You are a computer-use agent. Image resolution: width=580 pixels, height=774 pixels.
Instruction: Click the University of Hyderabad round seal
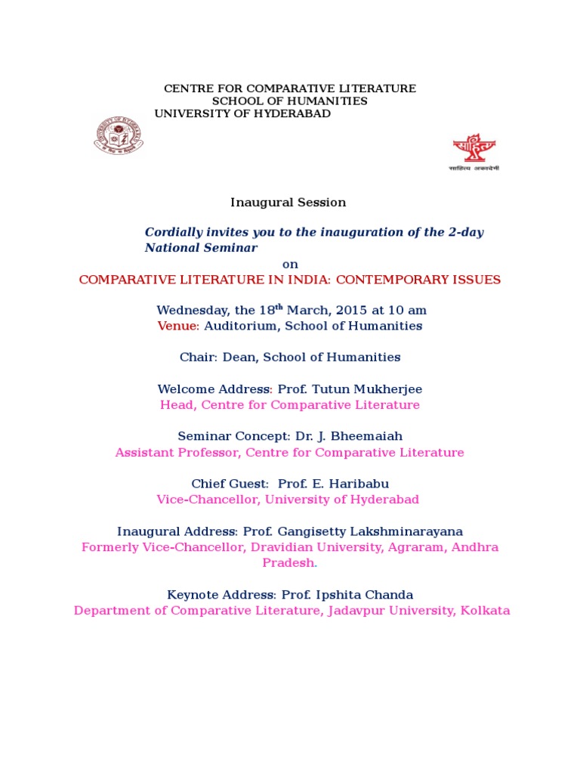click(x=118, y=136)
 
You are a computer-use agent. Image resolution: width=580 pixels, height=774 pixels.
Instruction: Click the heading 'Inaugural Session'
click(x=288, y=203)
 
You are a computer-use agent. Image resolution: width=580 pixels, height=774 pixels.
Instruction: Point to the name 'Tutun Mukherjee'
click(x=365, y=389)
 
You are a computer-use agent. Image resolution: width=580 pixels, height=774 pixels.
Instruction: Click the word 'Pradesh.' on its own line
click(x=290, y=563)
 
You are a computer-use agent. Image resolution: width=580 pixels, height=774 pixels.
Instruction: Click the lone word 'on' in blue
click(x=290, y=264)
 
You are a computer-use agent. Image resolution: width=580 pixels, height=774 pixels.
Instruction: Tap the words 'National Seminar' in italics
click(x=201, y=248)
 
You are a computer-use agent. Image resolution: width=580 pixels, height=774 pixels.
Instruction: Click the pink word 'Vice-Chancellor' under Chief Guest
click(x=203, y=500)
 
